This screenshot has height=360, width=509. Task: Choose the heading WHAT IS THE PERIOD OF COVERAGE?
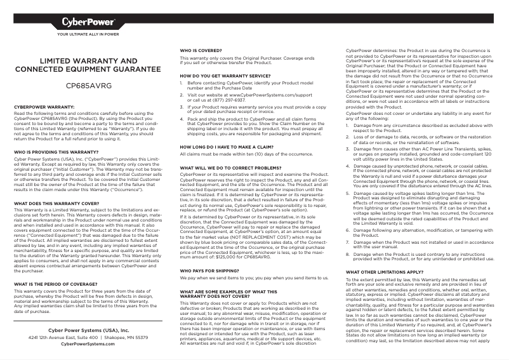(56, 283)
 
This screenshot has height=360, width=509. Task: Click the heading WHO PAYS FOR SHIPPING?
(211, 270)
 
